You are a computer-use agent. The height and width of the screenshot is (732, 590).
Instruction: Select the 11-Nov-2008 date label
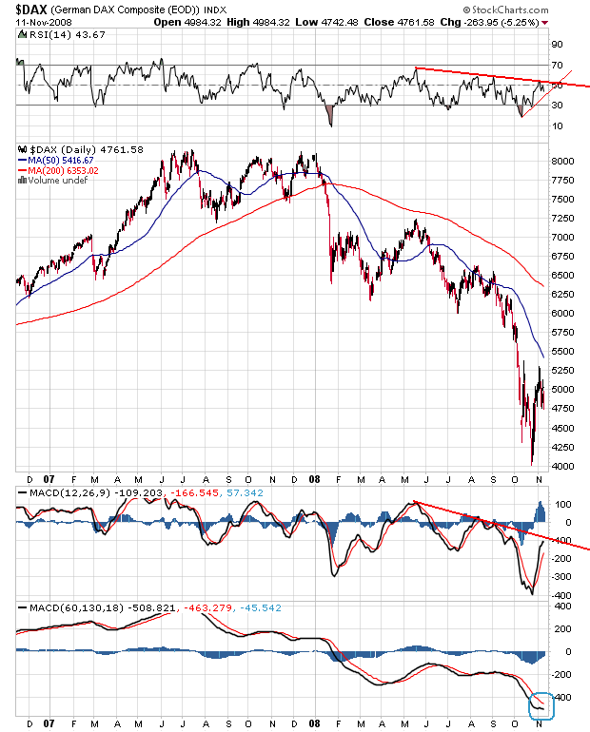[x=29, y=22]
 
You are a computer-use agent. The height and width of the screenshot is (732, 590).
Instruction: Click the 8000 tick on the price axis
[x=564, y=162]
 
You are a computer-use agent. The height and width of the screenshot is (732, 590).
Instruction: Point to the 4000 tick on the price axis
[x=564, y=466]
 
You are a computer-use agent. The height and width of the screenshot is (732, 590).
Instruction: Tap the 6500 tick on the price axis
[x=564, y=276]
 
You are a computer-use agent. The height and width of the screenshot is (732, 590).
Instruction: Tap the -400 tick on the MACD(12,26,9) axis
[x=561, y=595]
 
